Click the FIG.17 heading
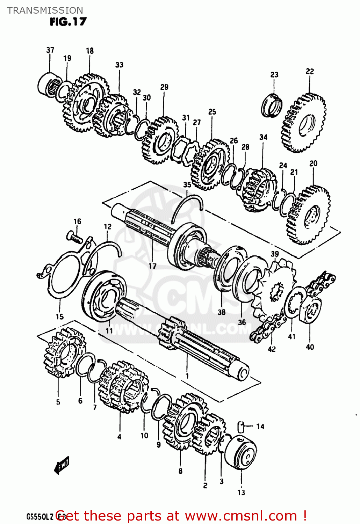pyautogui.click(x=68, y=22)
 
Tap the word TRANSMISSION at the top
pyautogui.click(x=45, y=10)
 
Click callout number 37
pyautogui.click(x=50, y=50)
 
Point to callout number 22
pyautogui.click(x=310, y=71)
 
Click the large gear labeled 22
pyautogui.click(x=303, y=122)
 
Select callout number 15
pyautogui.click(x=60, y=316)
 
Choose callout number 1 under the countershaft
pyautogui.click(x=187, y=376)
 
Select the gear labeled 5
pyautogui.click(x=59, y=353)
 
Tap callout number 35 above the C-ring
pyautogui.click(x=187, y=184)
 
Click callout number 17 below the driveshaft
pyautogui.click(x=152, y=266)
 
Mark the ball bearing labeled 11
pyautogui.click(x=104, y=296)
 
